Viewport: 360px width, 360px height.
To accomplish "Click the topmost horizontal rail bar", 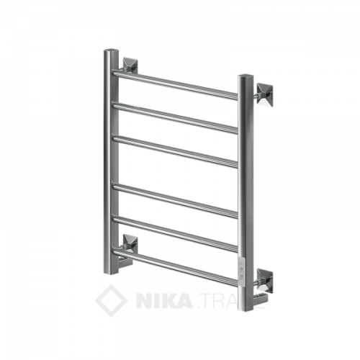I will [176, 85].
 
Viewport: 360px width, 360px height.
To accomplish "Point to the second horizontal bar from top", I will [176, 117].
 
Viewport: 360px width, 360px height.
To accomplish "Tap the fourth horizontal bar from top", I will [176, 199].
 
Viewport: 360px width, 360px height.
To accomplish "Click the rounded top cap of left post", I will [110, 53].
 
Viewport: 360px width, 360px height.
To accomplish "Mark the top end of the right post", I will [246, 76].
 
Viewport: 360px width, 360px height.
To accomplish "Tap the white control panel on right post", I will [245, 261].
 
